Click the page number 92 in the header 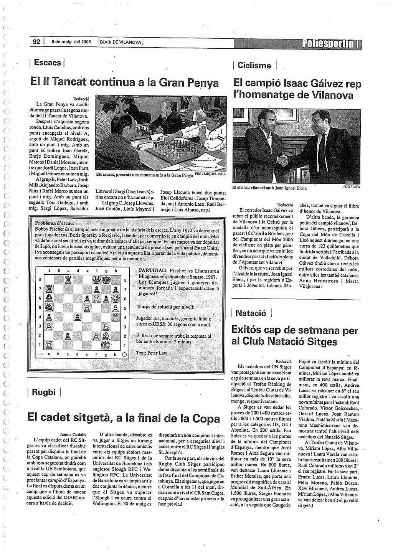[x=36, y=42]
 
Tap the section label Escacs [x=47, y=62]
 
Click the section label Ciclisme [x=254, y=65]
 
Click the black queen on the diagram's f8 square [x=96, y=280]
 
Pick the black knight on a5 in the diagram [x=49, y=308]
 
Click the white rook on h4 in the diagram [x=115, y=317]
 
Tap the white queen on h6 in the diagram [x=115, y=299]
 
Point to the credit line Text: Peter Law [x=152, y=353]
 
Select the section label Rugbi [x=44, y=392]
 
